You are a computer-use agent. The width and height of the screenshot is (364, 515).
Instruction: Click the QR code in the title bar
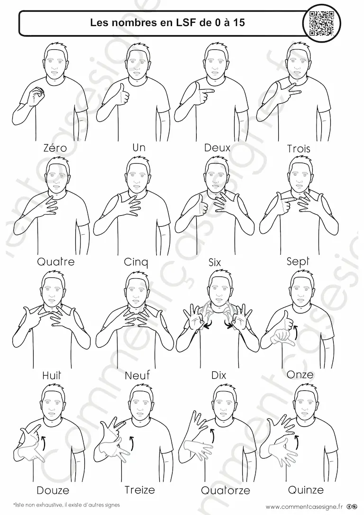pos(322,23)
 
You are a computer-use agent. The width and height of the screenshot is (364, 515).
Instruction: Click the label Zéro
pos(55,148)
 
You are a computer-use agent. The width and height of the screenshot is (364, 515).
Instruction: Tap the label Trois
pos(298,148)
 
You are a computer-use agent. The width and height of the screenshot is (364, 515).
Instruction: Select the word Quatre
pos(56,261)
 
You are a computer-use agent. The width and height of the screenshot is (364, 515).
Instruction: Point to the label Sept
pos(298,262)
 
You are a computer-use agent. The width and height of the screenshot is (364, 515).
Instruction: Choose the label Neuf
pos(137,375)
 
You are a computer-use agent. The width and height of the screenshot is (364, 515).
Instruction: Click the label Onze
pos(300,375)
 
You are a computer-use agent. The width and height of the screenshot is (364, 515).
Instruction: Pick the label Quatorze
pos(226,490)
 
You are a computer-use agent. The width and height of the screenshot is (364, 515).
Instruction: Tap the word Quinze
pos(306,490)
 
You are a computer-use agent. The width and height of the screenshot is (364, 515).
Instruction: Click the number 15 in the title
pos(240,23)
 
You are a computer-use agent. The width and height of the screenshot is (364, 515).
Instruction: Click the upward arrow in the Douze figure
pos(43,442)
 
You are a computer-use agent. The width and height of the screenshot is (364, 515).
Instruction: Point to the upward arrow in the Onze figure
pos(295,332)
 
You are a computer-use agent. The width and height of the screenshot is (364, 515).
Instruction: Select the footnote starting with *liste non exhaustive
pos(67,505)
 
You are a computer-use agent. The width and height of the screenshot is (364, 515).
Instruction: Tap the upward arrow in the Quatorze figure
pos(211,437)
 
